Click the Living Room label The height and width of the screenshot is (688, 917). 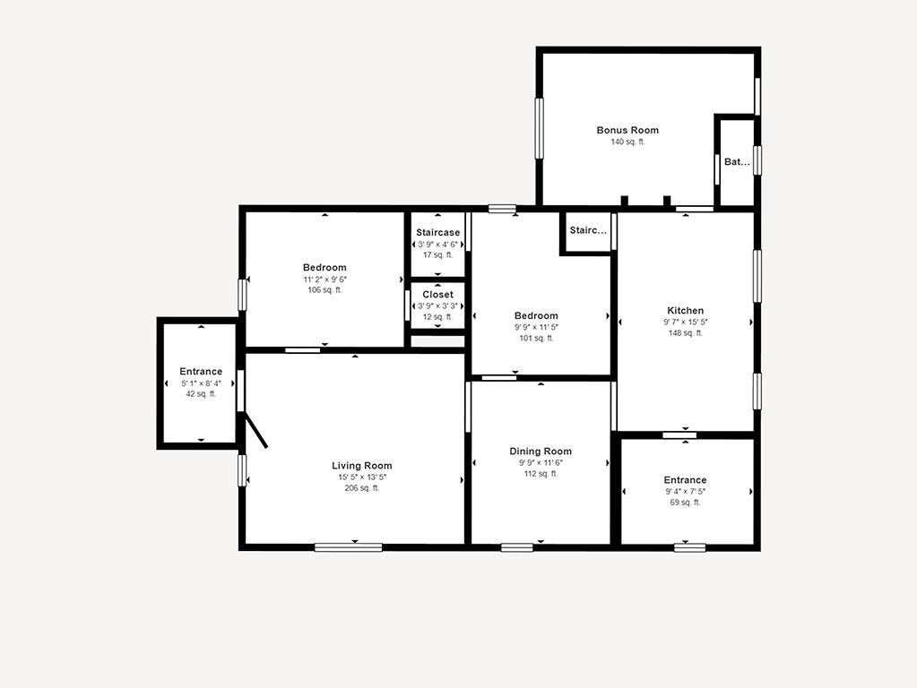(x=361, y=466)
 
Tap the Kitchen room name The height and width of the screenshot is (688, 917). (x=686, y=310)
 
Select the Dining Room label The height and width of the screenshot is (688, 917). (x=541, y=451)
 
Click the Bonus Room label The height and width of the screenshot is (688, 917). (x=627, y=130)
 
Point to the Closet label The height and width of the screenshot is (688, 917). (x=438, y=295)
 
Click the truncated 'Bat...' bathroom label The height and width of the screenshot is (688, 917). (x=737, y=162)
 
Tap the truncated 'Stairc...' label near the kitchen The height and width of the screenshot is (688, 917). (x=588, y=230)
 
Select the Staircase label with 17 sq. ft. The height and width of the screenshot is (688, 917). (x=438, y=233)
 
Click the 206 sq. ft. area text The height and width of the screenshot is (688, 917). (x=361, y=488)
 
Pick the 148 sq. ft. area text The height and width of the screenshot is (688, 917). (x=686, y=333)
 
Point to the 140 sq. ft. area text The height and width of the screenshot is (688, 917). (x=627, y=142)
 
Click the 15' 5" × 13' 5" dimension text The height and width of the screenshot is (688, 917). (x=362, y=477)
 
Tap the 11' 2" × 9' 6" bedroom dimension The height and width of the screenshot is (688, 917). (x=324, y=279)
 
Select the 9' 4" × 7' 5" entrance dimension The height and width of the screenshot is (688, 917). (x=685, y=492)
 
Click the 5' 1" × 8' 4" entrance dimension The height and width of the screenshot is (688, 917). (x=201, y=383)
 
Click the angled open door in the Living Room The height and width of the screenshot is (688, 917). (x=256, y=431)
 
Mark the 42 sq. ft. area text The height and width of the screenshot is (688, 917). (x=201, y=394)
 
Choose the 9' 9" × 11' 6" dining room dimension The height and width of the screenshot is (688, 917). (x=541, y=462)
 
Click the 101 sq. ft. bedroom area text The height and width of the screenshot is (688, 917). (x=536, y=338)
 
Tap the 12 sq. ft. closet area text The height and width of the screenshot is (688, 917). (x=438, y=317)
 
